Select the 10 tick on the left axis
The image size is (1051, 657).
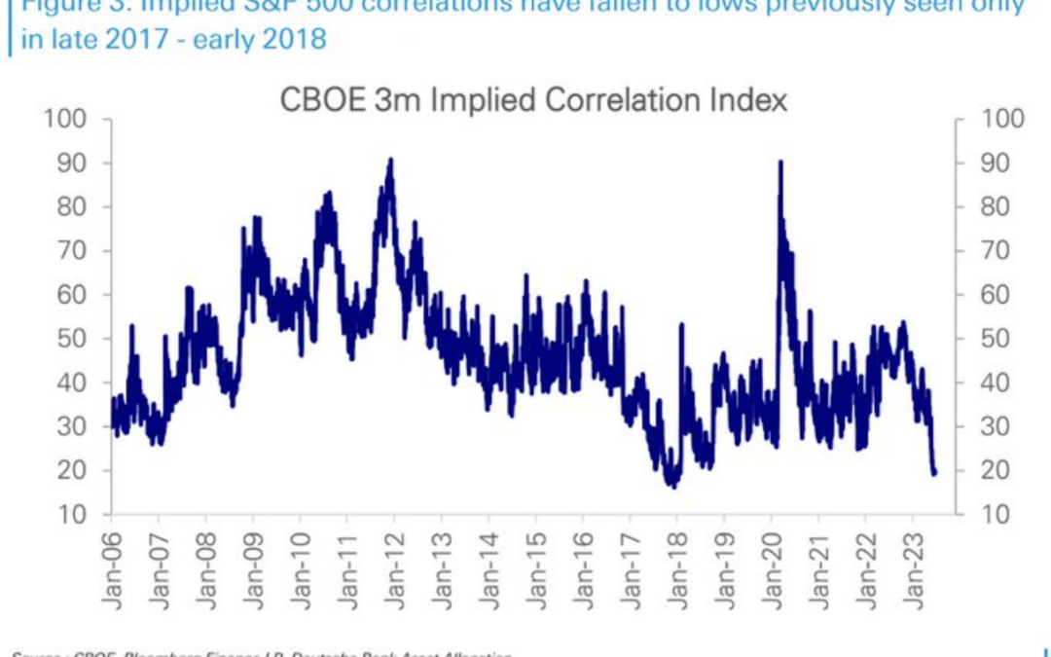(77, 514)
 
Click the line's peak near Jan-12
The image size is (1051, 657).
(390, 160)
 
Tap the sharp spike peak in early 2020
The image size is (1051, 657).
(780, 163)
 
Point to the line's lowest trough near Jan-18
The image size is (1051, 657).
(671, 485)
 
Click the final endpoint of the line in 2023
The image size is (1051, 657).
(935, 473)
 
